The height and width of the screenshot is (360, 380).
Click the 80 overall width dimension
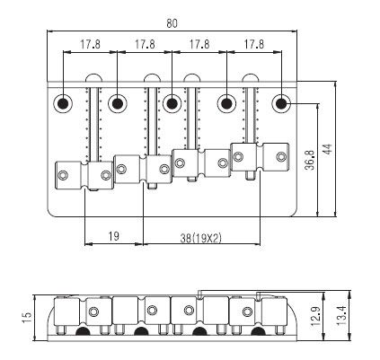172,23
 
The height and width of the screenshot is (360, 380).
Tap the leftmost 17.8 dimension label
90,44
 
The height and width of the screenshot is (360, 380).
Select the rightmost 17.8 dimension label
254,44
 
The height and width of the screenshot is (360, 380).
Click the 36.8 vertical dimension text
310,160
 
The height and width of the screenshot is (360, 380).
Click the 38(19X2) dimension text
200,238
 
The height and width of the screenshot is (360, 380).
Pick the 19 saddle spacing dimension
113,236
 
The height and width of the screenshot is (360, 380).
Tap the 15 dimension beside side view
26,318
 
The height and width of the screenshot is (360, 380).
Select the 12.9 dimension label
315,316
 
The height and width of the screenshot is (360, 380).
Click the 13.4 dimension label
341,316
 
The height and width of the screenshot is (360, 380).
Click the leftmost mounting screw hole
63,103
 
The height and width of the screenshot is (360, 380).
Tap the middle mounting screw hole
172,103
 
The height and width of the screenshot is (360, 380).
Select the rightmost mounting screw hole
281,103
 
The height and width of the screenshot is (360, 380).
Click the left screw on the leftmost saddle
63,175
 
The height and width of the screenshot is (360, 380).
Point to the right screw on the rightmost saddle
281,157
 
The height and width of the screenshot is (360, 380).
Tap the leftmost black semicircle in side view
83,331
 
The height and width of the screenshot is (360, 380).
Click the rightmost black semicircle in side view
259,331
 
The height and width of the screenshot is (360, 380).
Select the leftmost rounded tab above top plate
94,78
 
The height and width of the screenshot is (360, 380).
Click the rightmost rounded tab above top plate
251,78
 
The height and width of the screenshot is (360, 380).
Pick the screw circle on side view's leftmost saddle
94,312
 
